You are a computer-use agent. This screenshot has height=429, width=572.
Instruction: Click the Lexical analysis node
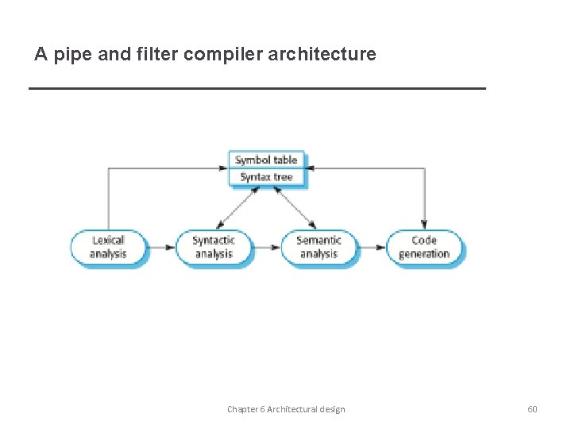[x=108, y=247]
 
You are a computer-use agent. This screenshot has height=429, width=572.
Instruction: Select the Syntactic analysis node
[x=214, y=247]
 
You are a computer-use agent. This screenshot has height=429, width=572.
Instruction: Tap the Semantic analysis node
[x=319, y=247]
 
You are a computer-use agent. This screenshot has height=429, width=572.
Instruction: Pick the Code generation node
[x=424, y=247]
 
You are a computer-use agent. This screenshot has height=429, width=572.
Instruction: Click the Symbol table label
[x=266, y=160]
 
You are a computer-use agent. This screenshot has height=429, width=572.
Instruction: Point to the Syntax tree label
[x=266, y=176]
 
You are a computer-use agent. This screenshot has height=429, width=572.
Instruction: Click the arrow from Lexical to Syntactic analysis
[x=162, y=247]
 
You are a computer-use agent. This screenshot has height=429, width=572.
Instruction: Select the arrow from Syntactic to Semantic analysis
[x=268, y=247]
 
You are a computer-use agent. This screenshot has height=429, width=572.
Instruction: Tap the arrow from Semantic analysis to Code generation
[x=373, y=247]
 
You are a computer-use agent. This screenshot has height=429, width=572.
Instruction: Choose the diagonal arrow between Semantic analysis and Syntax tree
[x=295, y=209]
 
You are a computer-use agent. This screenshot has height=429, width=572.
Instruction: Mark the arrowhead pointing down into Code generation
[x=424, y=225]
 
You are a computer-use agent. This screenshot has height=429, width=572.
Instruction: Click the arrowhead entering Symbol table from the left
[x=223, y=168]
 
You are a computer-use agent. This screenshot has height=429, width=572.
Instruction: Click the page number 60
[x=532, y=409]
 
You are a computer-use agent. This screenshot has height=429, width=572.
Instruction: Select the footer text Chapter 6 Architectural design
[x=286, y=409]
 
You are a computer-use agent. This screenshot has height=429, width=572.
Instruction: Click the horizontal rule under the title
[x=257, y=88]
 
